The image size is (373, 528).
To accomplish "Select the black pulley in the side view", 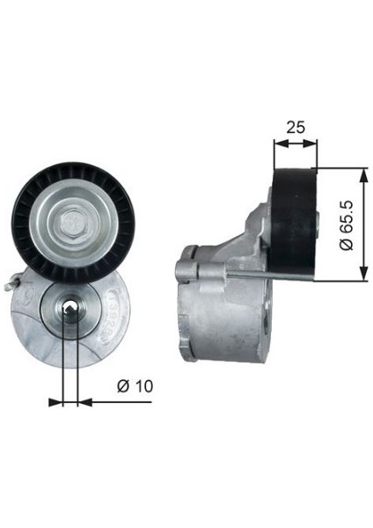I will point(294,223).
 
